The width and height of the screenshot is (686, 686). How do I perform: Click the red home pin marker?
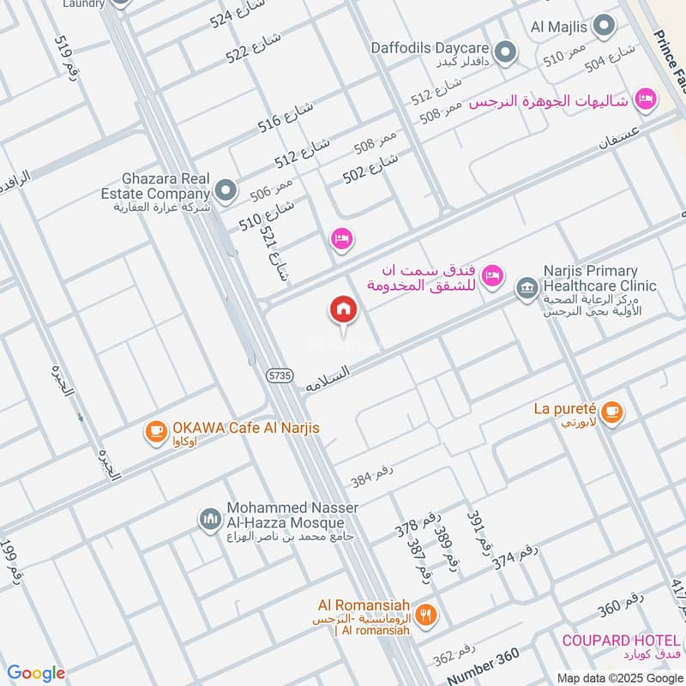click(343, 310)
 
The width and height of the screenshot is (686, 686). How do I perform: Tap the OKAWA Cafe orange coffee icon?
click(155, 431)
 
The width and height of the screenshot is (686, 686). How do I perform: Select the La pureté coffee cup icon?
click(611, 412)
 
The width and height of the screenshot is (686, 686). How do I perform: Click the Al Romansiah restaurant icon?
click(426, 615)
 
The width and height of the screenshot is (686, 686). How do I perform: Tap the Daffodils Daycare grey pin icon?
click(505, 54)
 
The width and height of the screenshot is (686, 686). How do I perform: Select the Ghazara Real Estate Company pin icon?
click(226, 191)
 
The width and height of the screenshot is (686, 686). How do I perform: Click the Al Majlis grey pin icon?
click(605, 25)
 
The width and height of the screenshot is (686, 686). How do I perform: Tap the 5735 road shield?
click(279, 375)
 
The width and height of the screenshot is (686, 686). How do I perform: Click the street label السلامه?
click(328, 380)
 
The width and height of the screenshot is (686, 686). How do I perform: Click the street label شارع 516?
click(286, 117)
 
